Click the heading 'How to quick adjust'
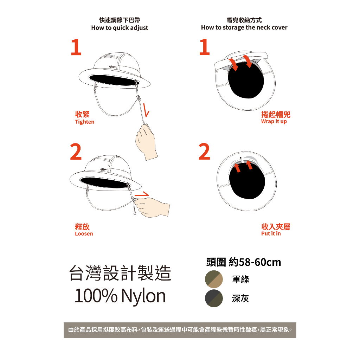(x=120, y=28)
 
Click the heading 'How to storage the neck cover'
(x=244, y=27)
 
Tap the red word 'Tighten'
(x=84, y=122)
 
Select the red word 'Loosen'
(x=84, y=234)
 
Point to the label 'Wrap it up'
(x=274, y=121)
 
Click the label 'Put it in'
(x=271, y=233)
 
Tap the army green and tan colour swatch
(x=214, y=279)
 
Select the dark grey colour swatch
(x=214, y=298)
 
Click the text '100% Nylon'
(x=120, y=296)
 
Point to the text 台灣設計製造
(x=120, y=273)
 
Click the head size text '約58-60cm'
(x=255, y=262)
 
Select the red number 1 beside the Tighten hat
(x=76, y=47)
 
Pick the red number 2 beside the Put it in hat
(x=204, y=152)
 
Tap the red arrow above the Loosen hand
(x=142, y=194)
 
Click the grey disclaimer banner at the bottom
(x=180, y=330)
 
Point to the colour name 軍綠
(x=240, y=279)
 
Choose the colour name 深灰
(x=240, y=298)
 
